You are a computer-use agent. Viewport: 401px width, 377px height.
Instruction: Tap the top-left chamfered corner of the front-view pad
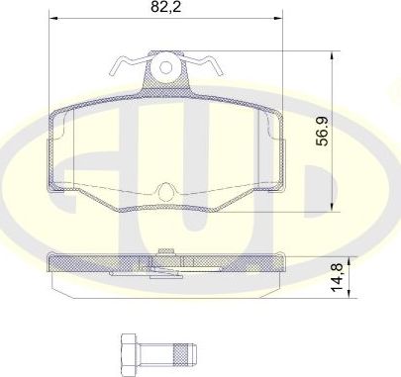57,110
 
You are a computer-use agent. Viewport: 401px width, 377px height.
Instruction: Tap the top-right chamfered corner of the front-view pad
273,110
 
